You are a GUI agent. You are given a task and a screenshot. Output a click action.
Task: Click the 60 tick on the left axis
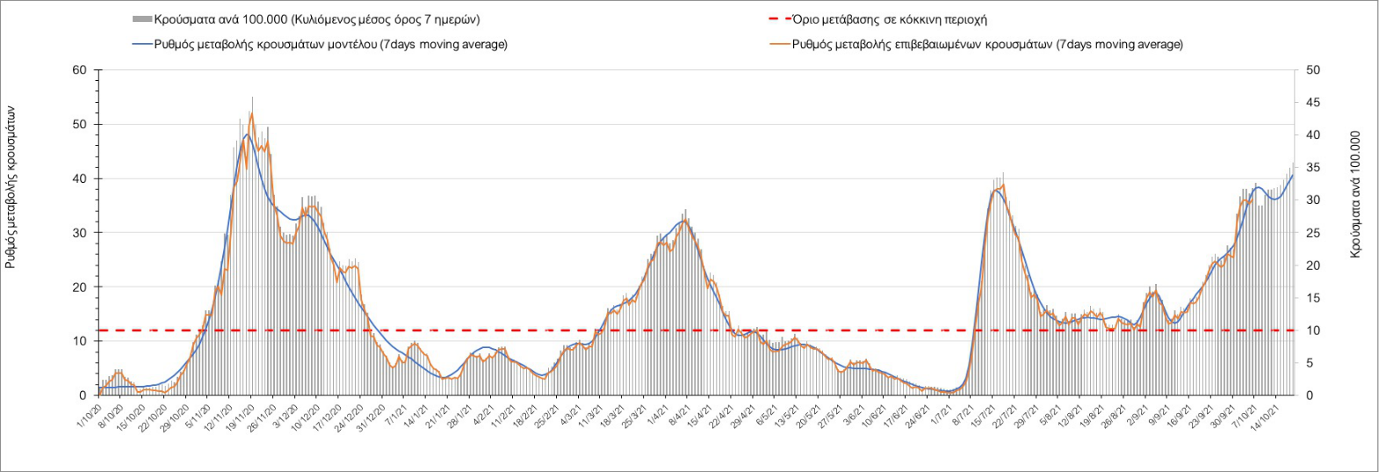(x=80, y=70)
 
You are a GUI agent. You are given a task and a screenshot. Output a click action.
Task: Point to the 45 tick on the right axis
(x=1313, y=103)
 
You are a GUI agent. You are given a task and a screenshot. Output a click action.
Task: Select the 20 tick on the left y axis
(x=80, y=287)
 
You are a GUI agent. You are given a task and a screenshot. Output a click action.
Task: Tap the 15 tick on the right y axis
(x=1313, y=298)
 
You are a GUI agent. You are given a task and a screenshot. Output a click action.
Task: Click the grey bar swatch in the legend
(x=142, y=19)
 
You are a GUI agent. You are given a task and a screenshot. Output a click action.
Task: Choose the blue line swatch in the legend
(x=142, y=44)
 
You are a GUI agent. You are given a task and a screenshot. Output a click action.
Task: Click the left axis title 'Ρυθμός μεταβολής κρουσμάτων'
(x=11, y=186)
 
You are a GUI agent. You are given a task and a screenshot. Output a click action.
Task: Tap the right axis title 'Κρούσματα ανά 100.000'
(x=1355, y=194)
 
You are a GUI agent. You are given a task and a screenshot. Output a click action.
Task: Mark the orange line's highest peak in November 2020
(x=251, y=113)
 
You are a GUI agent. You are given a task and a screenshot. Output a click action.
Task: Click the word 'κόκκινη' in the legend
(x=930, y=19)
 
